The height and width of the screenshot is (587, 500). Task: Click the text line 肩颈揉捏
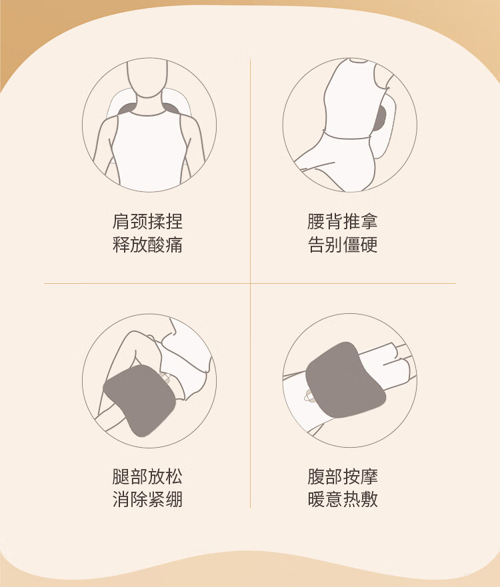pos(147,221)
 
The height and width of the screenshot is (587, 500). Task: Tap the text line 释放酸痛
pos(147,245)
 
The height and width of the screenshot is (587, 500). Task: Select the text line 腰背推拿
pos(342,221)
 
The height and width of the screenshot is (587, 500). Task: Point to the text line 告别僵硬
pos(342,245)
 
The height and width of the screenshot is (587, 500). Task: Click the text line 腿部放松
pos(147,476)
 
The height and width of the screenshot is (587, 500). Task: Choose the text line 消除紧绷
pos(147,500)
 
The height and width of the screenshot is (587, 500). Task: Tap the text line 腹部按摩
pos(342,476)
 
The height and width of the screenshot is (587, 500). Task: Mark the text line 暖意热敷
pos(342,500)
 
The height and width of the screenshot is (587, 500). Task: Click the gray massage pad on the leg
pos(140,400)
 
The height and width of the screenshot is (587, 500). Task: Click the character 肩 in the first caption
pos(121,221)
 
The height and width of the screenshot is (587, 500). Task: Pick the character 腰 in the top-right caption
pos(316,221)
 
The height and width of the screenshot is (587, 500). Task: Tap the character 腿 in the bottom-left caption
pos(121,476)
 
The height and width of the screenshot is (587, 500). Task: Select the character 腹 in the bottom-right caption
pos(316,476)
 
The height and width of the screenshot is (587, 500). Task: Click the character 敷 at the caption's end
pos(369,500)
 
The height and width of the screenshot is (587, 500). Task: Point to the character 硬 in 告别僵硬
pos(369,245)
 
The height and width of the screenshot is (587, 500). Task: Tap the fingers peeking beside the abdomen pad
pos(308,395)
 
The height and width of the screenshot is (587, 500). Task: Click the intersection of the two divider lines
pos(250,283)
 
